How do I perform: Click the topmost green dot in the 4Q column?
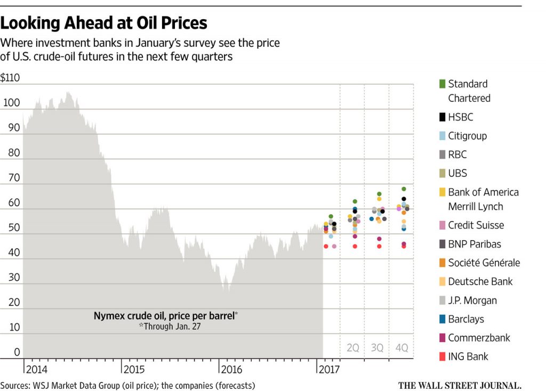pyautogui.click(x=404, y=189)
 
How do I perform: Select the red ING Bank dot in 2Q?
pyautogui.click(x=355, y=246)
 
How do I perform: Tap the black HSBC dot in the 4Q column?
pyautogui.click(x=404, y=199)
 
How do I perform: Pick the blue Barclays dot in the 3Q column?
pyautogui.click(x=372, y=219)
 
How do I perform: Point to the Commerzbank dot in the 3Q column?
pyautogui.click(x=379, y=239)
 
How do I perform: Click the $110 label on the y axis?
pyautogui.click(x=10, y=78)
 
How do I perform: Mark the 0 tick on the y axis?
pyautogui.click(x=17, y=352)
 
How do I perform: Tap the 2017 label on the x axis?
pyautogui.click(x=330, y=369)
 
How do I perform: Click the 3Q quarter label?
pyautogui.click(x=377, y=348)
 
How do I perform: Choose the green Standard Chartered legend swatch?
pyautogui.click(x=441, y=84)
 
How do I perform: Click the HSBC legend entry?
pyautogui.click(x=460, y=117)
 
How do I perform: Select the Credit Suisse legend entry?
pyautogui.click(x=475, y=225)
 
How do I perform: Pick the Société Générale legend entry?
pyautogui.click(x=483, y=263)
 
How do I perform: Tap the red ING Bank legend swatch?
pyautogui.click(x=441, y=356)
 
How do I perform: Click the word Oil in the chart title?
pyautogui.click(x=149, y=23)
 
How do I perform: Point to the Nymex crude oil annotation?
pyautogui.click(x=165, y=315)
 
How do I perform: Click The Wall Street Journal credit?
pyautogui.click(x=459, y=385)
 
